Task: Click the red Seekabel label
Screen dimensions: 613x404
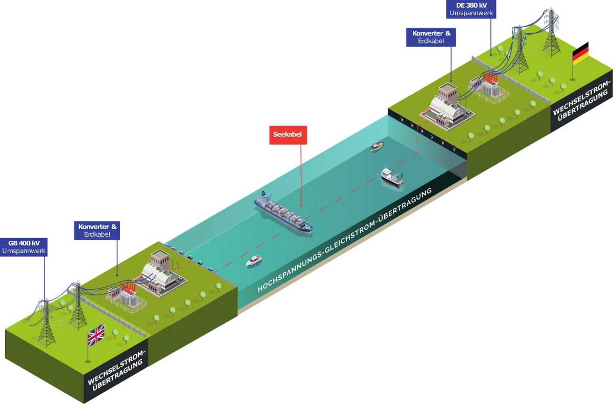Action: pyautogui.click(x=288, y=135)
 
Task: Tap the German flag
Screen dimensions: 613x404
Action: pyautogui.click(x=580, y=54)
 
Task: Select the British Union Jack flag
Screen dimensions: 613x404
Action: pyautogui.click(x=96, y=335)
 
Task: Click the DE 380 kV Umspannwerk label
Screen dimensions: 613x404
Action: pyautogui.click(x=471, y=9)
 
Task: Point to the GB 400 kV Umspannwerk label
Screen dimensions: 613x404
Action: pyautogui.click(x=24, y=247)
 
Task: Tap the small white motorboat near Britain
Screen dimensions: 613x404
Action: pyautogui.click(x=254, y=261)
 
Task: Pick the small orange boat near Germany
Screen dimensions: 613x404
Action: pyautogui.click(x=377, y=146)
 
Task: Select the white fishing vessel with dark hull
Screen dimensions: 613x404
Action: pyautogui.click(x=392, y=177)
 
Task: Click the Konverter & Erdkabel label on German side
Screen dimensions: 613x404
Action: pyautogui.click(x=431, y=37)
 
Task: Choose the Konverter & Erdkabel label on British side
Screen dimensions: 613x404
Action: pyautogui.click(x=97, y=231)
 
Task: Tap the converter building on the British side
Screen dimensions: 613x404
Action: pyautogui.click(x=159, y=274)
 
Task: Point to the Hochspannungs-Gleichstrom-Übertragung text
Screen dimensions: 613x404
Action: pyautogui.click(x=344, y=240)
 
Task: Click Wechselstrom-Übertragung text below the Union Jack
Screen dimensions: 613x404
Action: pyautogui.click(x=116, y=370)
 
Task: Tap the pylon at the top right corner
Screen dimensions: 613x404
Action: pyautogui.click(x=551, y=32)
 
